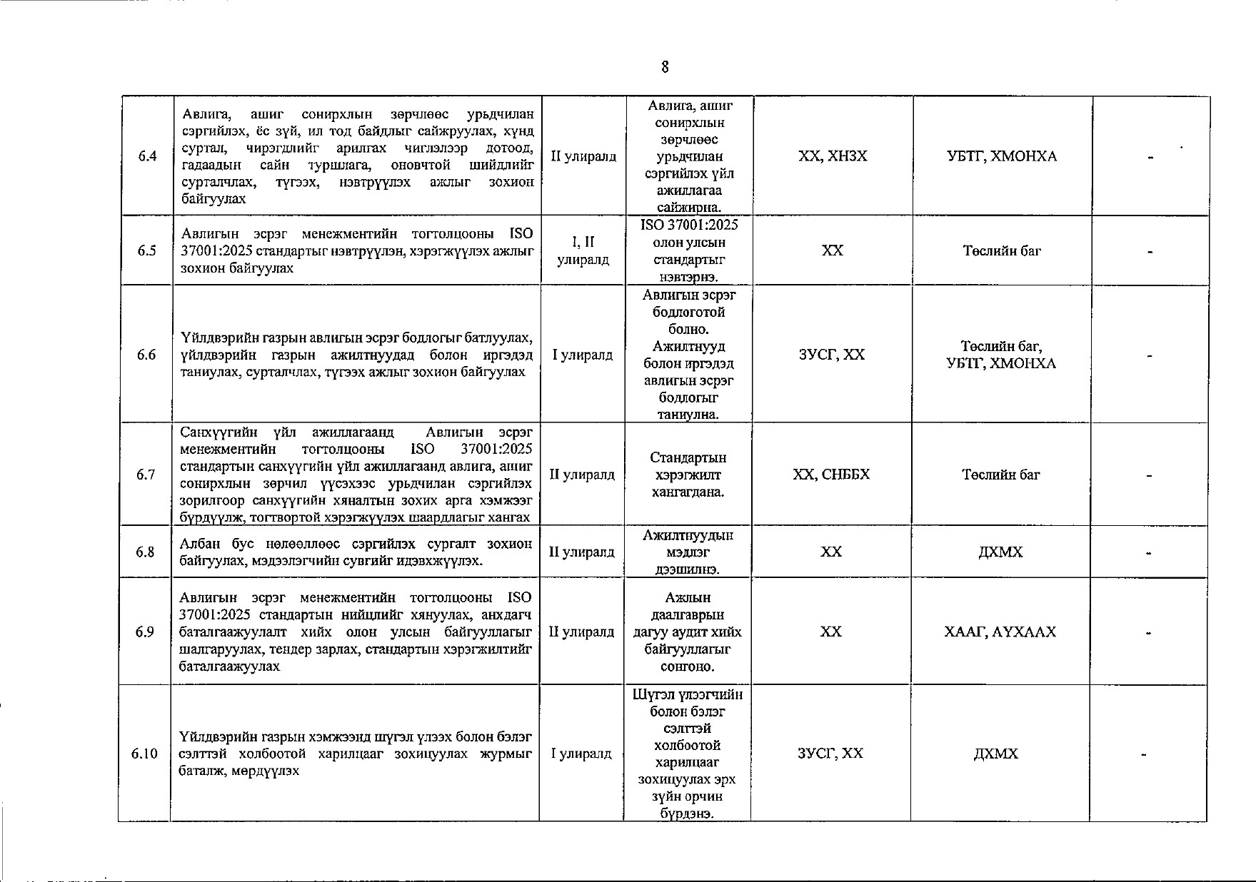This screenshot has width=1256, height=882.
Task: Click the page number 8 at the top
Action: click(665, 67)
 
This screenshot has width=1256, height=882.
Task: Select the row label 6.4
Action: click(148, 156)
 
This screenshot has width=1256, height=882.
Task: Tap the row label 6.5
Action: click(147, 250)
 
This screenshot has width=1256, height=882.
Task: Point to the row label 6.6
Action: click(147, 355)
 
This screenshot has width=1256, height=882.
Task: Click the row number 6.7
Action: click(146, 475)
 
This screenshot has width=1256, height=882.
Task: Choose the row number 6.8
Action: click(146, 552)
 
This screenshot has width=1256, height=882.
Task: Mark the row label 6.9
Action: click(146, 632)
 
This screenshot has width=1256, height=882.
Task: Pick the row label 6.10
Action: click(144, 754)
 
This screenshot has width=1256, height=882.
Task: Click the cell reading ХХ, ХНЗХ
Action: click(833, 156)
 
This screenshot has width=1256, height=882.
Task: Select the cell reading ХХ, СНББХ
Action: click(832, 475)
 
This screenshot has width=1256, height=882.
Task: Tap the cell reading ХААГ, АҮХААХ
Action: click(1000, 632)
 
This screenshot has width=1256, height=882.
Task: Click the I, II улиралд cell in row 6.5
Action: click(583, 250)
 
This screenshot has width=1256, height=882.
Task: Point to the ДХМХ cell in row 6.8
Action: click(1000, 552)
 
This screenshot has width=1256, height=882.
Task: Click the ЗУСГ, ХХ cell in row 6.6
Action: click(832, 355)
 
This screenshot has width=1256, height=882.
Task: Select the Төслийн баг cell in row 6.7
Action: click(1001, 475)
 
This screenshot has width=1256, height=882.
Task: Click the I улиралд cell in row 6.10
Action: click(581, 754)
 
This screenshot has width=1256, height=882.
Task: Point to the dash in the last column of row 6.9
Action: click(1149, 632)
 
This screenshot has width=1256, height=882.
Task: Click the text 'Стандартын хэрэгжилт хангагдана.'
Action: click(688, 475)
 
